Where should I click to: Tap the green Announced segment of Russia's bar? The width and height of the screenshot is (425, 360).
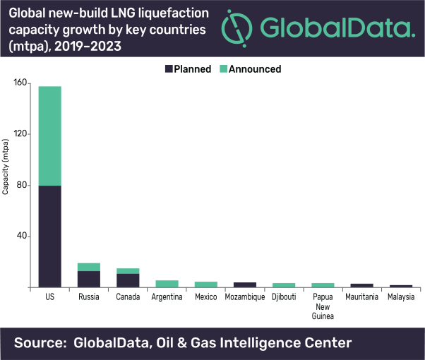tap(88, 267)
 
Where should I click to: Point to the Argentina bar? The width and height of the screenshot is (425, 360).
tap(167, 284)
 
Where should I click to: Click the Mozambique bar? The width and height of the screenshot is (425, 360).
tap(245, 284)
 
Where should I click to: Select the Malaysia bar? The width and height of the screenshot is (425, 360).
tap(401, 286)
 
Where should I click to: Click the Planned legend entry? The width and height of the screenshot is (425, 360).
tap(187, 69)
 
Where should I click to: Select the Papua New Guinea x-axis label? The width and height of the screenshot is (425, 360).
tap(323, 306)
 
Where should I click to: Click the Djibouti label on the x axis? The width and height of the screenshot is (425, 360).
tap(284, 297)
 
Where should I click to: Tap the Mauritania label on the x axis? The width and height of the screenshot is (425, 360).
tap(361, 297)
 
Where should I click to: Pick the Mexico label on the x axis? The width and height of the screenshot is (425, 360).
tap(205, 297)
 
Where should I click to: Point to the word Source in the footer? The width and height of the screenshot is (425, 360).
tap(44, 344)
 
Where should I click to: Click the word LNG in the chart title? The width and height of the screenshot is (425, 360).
tap(110, 12)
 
